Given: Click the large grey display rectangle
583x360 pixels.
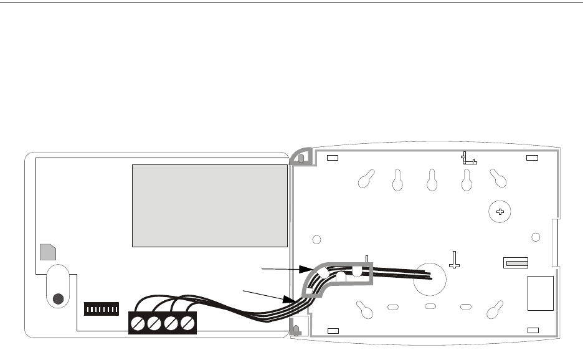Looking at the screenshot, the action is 210,206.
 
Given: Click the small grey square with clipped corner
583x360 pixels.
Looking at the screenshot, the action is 47,252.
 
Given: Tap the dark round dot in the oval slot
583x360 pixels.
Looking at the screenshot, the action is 58,298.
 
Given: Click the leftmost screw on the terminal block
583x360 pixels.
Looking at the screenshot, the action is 138,324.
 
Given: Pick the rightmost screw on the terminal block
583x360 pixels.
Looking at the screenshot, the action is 186,324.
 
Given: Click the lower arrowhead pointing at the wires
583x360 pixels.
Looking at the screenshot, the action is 295,300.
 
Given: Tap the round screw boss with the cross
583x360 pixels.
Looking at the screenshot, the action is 500,212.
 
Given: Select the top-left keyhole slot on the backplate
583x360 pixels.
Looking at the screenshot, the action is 365,179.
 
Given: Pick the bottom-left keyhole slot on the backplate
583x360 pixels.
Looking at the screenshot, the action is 364,310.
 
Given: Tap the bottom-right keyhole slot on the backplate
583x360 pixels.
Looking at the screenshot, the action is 496,310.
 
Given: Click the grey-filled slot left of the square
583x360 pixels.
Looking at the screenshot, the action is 516,263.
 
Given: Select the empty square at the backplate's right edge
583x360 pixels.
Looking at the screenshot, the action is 540,293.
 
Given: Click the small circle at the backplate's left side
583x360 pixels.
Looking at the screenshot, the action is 316,239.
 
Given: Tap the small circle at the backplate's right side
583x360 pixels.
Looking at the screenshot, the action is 535,237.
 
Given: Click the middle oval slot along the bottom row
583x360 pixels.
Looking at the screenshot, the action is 429,306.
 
